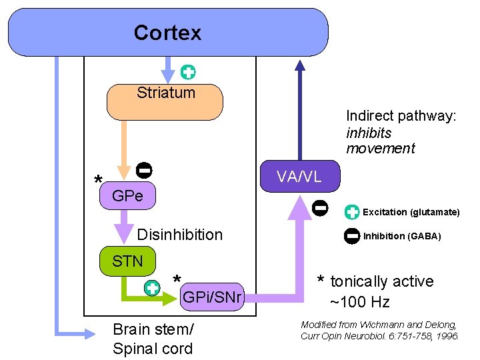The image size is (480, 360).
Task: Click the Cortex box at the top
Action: point(167,32)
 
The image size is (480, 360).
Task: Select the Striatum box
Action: point(165,102)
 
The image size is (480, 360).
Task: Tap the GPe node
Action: point(127,196)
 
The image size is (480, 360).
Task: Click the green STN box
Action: point(127,261)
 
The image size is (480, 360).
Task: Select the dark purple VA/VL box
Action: point(299,176)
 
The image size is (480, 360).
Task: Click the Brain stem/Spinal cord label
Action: point(153,339)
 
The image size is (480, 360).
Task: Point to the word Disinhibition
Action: point(179,235)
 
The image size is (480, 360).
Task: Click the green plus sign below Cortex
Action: point(188,72)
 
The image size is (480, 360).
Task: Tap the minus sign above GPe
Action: point(143,170)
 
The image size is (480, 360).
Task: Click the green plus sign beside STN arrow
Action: point(152,288)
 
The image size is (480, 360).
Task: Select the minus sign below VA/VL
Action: point(320,207)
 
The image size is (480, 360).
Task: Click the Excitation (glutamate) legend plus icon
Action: point(352,213)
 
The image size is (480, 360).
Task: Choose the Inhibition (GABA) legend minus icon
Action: point(352,235)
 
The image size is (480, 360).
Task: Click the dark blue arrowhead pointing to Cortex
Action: point(300,65)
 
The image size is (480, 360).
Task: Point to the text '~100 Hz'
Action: point(360,302)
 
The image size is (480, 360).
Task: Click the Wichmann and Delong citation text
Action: point(379,330)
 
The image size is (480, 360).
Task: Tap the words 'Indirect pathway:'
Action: point(401,116)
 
